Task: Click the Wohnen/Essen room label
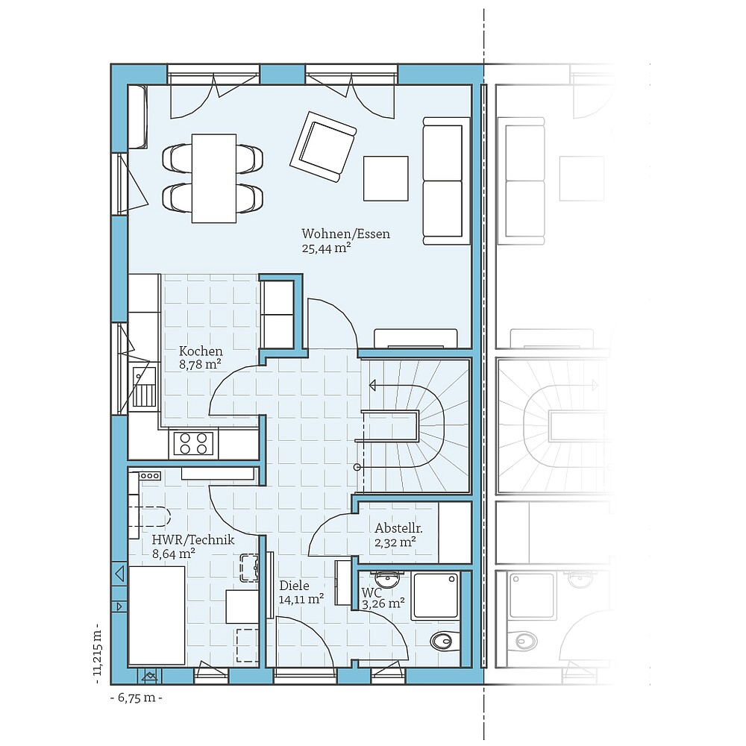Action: [345, 234]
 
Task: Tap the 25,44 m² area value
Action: [326, 249]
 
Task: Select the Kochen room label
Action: [201, 351]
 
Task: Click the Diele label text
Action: [293, 586]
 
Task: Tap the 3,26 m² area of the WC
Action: [383, 604]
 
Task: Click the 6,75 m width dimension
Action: [136, 698]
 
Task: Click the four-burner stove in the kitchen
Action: [192, 443]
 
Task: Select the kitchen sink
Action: [143, 388]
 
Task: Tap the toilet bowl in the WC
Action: [443, 640]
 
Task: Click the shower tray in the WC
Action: [435, 595]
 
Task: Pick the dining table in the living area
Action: [214, 178]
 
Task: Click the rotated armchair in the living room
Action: [322, 146]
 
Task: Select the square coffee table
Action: [386, 178]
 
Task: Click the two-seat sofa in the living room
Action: [446, 180]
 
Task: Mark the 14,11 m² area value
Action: [301, 599]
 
